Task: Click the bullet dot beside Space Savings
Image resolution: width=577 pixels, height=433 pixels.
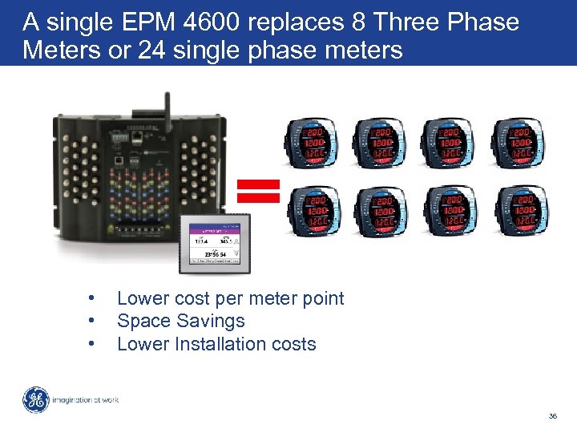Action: (x=94, y=321)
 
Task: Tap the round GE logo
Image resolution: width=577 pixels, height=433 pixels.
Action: (x=35, y=400)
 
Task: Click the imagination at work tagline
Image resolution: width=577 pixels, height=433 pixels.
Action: (x=86, y=400)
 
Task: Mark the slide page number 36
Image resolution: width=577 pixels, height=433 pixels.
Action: (x=552, y=416)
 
